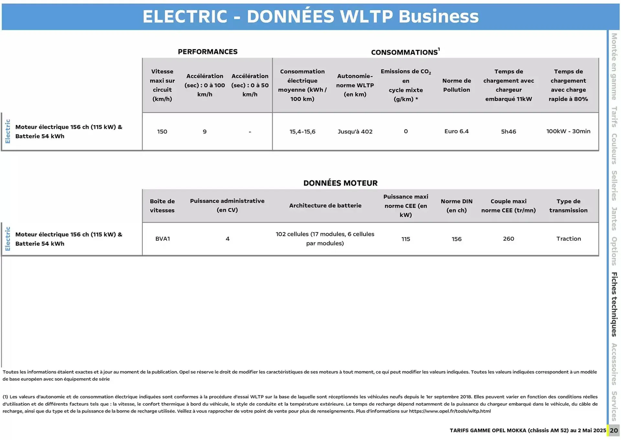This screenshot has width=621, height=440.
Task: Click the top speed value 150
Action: click(162, 132)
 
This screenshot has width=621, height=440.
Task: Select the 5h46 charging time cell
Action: click(508, 132)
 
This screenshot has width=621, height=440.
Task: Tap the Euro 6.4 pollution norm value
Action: click(456, 131)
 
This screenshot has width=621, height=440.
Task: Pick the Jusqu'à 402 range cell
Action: click(355, 132)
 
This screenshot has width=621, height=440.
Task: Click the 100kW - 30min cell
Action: click(568, 131)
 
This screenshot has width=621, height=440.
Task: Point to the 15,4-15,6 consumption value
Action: click(302, 132)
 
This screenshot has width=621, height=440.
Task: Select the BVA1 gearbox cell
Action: click(162, 239)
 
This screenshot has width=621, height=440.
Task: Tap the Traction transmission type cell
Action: click(568, 239)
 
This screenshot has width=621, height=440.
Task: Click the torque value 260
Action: click(508, 239)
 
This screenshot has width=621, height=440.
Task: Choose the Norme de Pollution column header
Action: click(456, 85)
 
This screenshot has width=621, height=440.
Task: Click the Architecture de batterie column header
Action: click(325, 205)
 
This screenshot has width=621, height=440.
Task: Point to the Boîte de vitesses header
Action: click(162, 206)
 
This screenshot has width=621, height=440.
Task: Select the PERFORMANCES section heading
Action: click(208, 52)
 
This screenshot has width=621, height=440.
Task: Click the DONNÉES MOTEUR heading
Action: click(340, 183)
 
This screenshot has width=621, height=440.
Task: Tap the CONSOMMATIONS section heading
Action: click(404, 52)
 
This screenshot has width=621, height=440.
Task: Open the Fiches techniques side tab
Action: click(614, 304)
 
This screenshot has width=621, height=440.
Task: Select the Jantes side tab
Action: click(614, 219)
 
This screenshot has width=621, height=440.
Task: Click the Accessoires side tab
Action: click(614, 364)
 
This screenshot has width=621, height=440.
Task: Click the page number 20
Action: click(614, 431)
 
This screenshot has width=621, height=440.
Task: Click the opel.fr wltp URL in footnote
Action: click(450, 411)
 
